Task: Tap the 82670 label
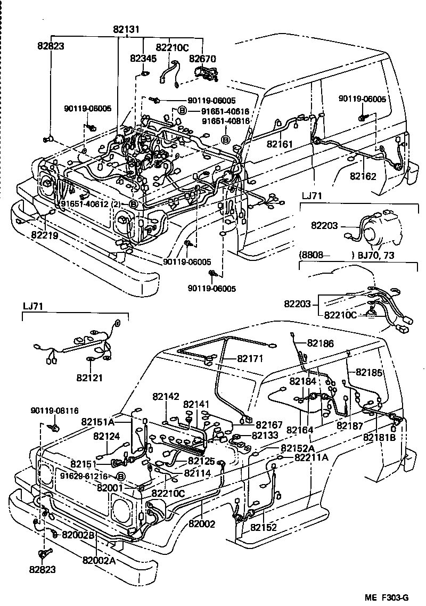tap(203, 60)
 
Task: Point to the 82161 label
tap(280, 144)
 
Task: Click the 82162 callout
tap(363, 176)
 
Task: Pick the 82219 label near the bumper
tap(44, 234)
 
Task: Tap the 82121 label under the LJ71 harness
tap(89, 378)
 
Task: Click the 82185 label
tap(369, 372)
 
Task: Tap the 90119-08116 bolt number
tap(54, 411)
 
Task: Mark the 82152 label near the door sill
tap(265, 527)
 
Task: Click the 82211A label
tap(312, 457)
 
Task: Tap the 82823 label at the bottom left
tap(43, 570)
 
